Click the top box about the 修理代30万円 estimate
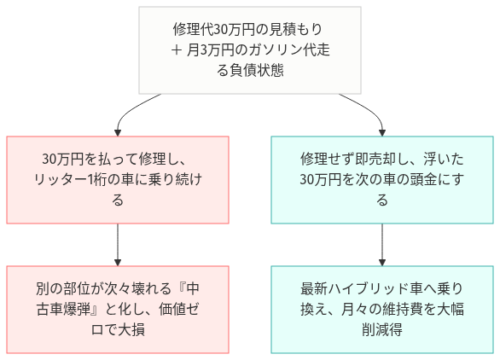pos(250,50)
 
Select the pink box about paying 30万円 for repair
pos(118,180)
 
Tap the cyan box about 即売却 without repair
pos(381,180)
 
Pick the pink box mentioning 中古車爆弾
pos(118,308)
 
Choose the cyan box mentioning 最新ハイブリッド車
pos(381,308)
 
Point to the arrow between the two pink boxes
pos(118,245)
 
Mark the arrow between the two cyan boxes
pos(381,245)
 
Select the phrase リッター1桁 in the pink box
pos(73,180)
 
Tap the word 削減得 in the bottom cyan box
pos(381,328)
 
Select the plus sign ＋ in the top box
pos(177,50)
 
